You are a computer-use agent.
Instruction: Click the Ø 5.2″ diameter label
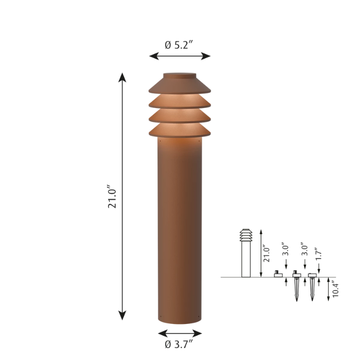coord(180,45)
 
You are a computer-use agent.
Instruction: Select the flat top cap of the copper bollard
coord(180,74)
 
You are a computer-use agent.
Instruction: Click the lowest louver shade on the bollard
coord(180,131)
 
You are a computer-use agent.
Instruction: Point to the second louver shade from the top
coord(180,102)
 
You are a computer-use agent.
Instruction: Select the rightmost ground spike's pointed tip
coord(312,300)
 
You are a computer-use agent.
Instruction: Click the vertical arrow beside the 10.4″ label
coord(328,290)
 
